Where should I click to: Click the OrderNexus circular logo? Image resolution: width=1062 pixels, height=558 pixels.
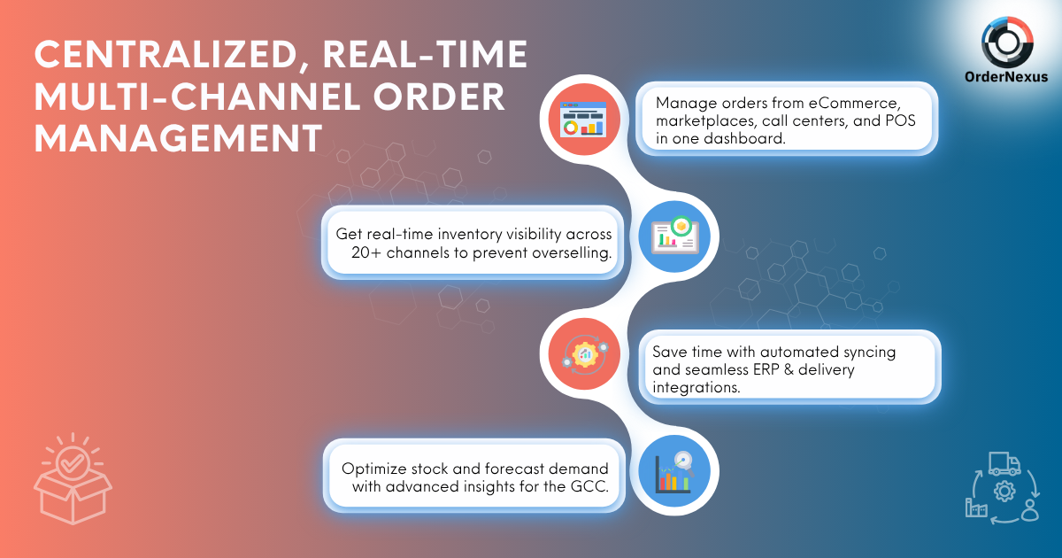tap(1007, 43)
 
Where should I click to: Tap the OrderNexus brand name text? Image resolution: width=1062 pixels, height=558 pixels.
tap(1006, 77)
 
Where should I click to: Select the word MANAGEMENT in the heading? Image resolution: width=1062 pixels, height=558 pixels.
tap(178, 138)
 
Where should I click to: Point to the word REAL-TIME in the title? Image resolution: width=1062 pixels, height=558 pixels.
tap(426, 54)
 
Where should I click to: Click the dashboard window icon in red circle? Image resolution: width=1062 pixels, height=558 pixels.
tap(583, 119)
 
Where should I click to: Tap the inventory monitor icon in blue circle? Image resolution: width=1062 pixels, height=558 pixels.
tap(674, 236)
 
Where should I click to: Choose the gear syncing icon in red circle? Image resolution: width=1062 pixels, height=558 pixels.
tap(585, 353)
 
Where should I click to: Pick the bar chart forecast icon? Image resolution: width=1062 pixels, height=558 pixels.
tap(674, 471)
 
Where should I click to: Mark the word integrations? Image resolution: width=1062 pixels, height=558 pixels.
tap(696, 388)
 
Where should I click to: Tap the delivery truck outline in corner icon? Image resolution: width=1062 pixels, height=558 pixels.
tap(1004, 463)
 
